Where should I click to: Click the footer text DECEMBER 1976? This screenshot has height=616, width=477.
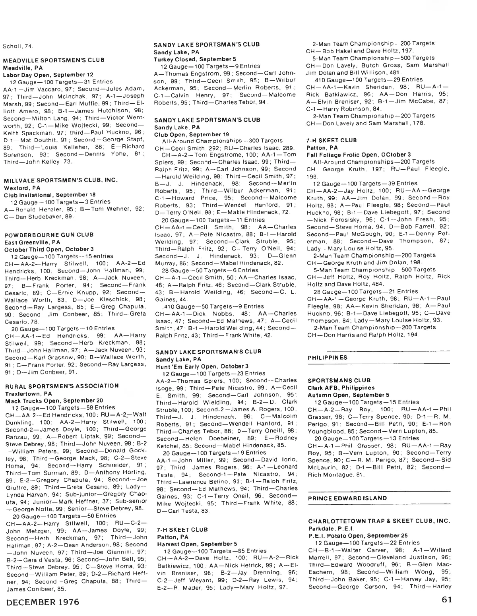pos(43,602)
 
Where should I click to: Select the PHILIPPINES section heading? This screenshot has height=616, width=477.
pos(328,358)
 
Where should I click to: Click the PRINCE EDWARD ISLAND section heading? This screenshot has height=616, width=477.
pos(347,498)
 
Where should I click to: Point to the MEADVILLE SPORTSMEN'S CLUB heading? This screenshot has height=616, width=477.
pos(54,60)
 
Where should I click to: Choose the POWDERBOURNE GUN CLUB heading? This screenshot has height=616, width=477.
pos(49,234)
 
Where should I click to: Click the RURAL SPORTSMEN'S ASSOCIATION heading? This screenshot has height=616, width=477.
pos(62,386)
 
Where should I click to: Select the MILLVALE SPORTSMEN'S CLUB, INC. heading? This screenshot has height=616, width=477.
pos(60,180)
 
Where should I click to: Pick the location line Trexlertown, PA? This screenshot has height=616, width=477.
pos(28,393)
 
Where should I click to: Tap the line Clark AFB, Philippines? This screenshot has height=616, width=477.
pos(341,388)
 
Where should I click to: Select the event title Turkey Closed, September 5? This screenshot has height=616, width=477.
pos(192,59)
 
